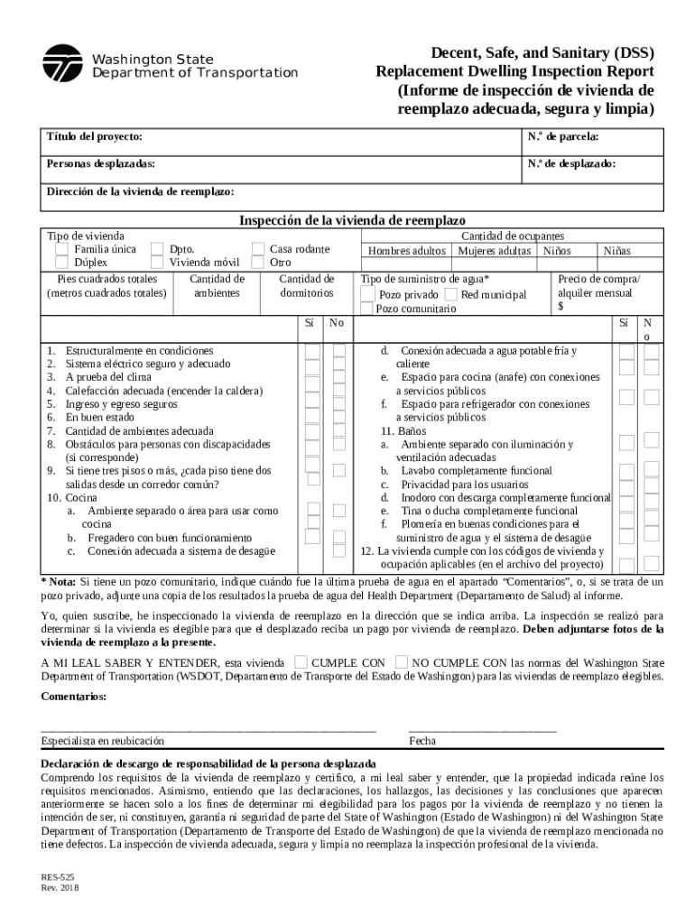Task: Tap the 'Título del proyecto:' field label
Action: pos(94,136)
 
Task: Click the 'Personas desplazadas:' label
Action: pos(100,164)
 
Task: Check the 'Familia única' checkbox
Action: pos(61,249)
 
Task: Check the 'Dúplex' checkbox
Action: pos(61,263)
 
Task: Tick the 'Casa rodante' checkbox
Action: pos(258,249)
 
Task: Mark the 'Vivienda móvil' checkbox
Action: pos(158,263)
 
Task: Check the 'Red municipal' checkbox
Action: pos(450,295)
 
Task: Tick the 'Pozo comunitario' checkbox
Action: pos(366,309)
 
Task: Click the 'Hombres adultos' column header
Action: pos(405,250)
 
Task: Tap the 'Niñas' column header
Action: pos(617,250)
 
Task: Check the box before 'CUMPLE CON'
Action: pos(301,661)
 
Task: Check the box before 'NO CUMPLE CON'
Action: pos(402,661)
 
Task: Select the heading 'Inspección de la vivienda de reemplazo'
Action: pos(352,220)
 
